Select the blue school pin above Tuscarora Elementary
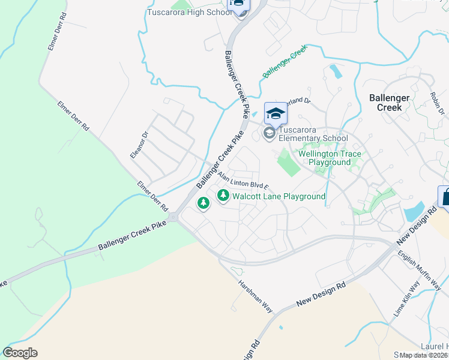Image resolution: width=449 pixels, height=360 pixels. (276, 113)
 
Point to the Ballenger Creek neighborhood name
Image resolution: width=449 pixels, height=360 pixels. (389, 102)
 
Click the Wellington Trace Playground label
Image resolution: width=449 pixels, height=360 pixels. (330, 158)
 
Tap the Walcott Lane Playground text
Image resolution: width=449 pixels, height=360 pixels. (279, 196)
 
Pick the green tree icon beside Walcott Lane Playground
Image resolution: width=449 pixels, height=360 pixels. (223, 196)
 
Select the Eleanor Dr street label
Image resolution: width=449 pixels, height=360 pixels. (139, 145)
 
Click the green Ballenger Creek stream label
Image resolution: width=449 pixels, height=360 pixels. (285, 62)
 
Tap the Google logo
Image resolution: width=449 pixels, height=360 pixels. (20, 353)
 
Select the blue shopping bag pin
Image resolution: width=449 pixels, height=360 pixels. (445, 196)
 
